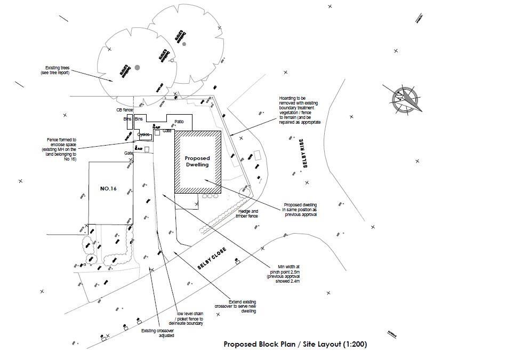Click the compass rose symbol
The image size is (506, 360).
(405, 99)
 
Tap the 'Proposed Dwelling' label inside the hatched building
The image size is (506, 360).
(197, 162)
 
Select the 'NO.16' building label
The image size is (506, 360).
(108, 189)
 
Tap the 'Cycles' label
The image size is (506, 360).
(143, 134)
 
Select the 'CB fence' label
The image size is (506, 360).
(124, 110)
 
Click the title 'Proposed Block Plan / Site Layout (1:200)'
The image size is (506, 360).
(295, 344)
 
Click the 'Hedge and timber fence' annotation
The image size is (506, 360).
(248, 214)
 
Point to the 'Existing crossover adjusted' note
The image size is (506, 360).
(157, 333)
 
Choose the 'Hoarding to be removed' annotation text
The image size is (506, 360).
(300, 110)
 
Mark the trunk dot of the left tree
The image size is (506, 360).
(137, 68)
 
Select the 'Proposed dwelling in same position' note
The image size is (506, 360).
(300, 210)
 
